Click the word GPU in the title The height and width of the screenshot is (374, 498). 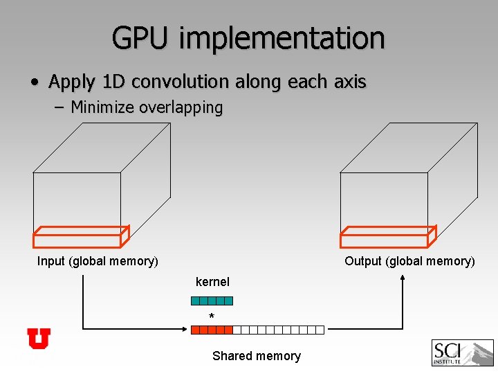140,37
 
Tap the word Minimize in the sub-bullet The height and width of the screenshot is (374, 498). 102,107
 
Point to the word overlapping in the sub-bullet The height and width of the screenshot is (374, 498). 181,107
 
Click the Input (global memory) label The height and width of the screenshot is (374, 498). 98,261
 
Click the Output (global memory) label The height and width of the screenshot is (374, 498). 409,261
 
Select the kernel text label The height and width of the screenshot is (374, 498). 212,282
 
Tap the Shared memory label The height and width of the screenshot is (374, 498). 257,356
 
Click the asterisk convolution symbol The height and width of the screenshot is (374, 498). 212,317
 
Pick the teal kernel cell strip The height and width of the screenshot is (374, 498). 212,301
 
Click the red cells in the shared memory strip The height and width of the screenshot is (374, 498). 212,330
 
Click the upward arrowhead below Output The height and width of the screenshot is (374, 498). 403,278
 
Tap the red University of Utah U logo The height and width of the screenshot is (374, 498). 39,339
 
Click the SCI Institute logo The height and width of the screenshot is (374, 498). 462,353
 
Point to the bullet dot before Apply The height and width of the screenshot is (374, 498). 34,82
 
